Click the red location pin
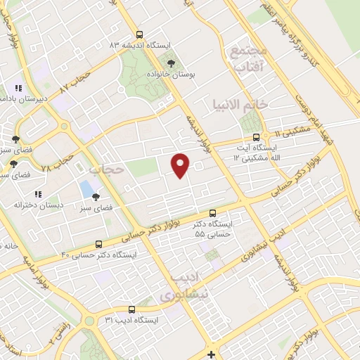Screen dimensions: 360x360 (x=181, y=165)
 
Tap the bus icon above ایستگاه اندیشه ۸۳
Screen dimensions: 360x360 (x=139, y=34)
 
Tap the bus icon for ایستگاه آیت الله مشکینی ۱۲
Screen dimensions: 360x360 (x=256, y=137)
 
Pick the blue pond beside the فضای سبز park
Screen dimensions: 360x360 (x=86, y=188)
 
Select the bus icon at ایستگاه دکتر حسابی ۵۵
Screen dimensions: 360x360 (x=213, y=214)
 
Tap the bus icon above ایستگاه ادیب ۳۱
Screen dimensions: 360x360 (x=131, y=309)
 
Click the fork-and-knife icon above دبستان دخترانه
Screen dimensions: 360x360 (x=39, y=193)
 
